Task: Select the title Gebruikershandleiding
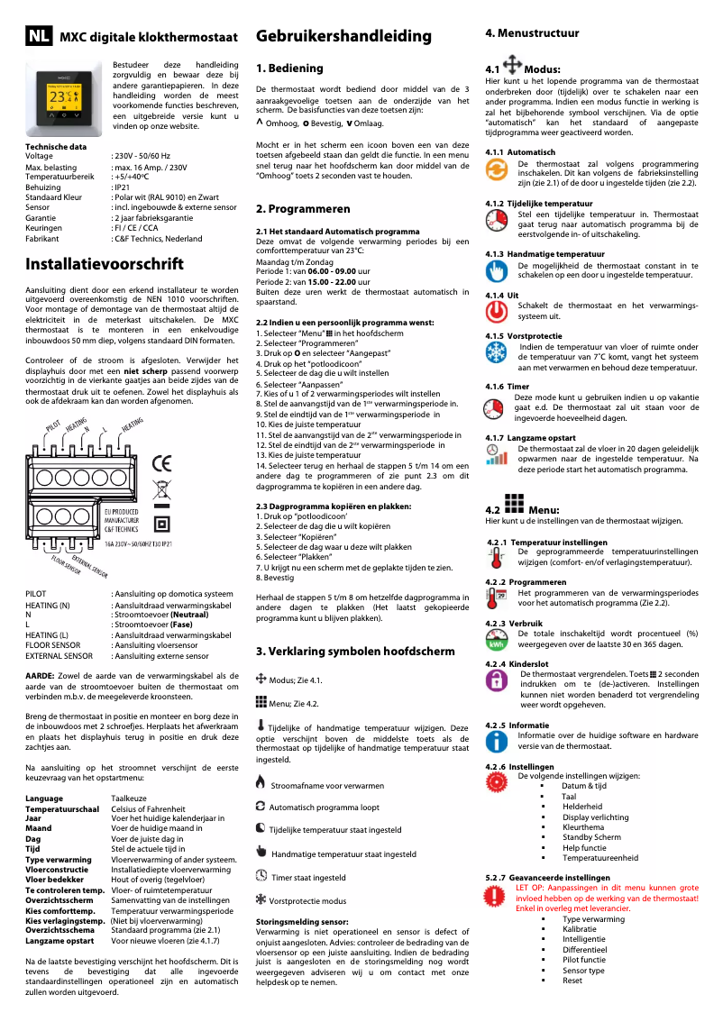pos(331,36)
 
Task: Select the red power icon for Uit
pos(496,312)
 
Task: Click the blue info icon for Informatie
pos(496,741)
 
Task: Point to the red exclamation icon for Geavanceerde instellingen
pos(496,898)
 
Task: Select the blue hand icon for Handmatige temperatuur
pos(496,271)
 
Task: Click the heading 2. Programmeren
pos(303,209)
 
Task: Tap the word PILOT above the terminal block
pos(53,424)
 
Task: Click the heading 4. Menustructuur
pos(532,33)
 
